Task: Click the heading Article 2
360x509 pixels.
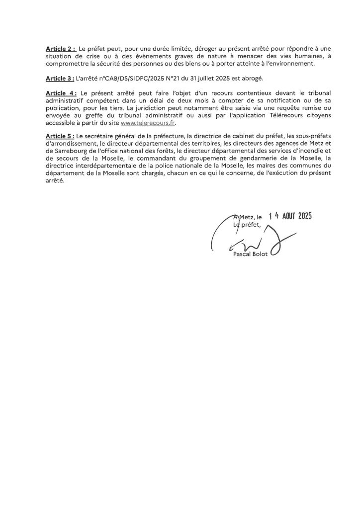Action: (60, 49)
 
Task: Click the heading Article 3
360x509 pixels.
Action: (60, 79)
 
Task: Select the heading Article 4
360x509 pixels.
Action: (61, 93)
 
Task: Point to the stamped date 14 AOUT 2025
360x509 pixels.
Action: (290, 216)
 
